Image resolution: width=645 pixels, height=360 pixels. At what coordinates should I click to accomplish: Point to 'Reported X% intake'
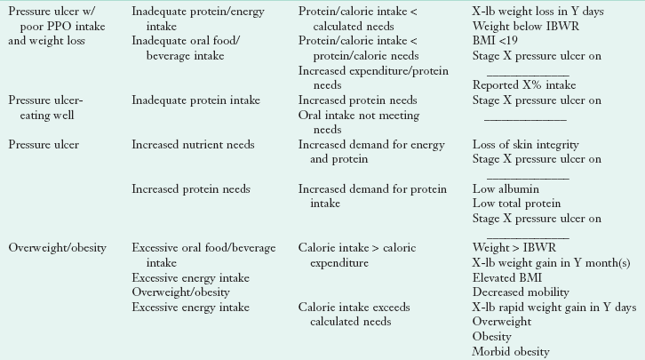coord(523,84)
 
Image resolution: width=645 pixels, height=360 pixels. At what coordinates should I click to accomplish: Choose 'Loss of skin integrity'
coord(525,145)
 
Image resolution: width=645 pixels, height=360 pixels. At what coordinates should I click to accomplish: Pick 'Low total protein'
coord(516,204)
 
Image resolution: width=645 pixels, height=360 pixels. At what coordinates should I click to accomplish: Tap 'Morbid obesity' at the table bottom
coord(511,351)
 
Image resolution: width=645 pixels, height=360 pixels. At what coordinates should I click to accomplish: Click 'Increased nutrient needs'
coord(193,145)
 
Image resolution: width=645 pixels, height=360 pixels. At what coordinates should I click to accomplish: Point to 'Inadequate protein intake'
coord(194,100)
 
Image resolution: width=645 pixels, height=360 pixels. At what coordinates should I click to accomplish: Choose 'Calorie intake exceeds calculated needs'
coord(354,314)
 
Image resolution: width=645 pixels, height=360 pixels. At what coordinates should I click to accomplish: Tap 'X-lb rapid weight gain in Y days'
coord(554,307)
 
